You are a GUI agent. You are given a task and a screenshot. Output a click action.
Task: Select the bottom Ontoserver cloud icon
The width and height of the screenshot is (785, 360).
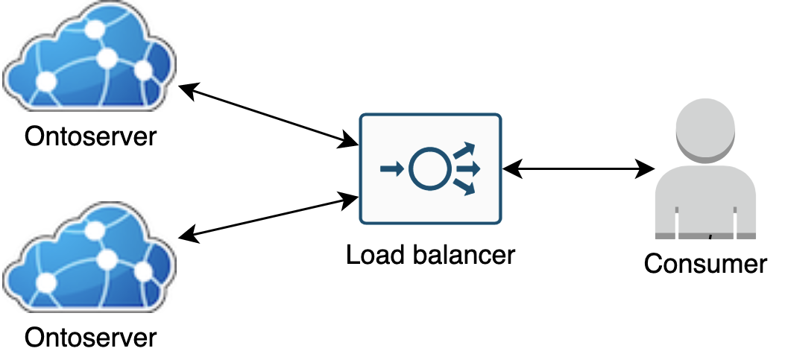[89, 260]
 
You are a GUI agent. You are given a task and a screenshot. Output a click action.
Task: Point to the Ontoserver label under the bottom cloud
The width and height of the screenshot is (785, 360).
[90, 337]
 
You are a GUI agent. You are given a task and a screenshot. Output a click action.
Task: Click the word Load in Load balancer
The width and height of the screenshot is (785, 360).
[375, 255]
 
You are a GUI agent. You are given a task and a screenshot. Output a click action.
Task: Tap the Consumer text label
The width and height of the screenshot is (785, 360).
[705, 264]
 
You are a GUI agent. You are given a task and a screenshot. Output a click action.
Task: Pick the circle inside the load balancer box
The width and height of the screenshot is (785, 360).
[429, 169]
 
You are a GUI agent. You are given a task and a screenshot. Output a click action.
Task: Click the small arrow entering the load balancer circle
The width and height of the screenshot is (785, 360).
[391, 169]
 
